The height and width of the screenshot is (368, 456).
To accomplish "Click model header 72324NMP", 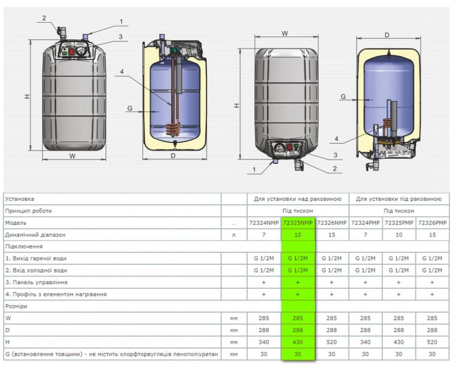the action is click(264, 223).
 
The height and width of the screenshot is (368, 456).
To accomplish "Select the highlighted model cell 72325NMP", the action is click(298, 223).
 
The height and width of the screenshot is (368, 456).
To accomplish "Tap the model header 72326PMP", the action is click(432, 223).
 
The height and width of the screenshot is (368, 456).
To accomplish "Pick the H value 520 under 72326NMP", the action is click(332, 342).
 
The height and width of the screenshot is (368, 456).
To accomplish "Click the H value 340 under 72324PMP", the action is click(365, 342).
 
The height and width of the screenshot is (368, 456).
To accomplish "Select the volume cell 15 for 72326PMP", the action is click(432, 235).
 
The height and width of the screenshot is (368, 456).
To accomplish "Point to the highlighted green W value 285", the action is click(298, 318).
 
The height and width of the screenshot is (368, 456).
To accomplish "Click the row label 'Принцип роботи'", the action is click(28, 211).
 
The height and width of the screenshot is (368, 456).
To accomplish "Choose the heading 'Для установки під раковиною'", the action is click(399, 199).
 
